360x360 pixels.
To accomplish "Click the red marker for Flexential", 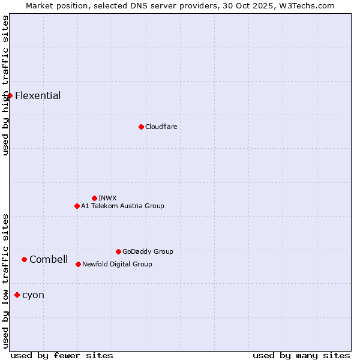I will click(10, 95).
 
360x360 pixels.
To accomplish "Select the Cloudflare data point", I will click(141, 127).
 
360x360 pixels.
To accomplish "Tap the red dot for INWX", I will click(94, 198).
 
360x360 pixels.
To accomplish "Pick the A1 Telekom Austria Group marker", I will click(77, 206).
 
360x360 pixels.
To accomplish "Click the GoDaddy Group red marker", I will click(118, 251).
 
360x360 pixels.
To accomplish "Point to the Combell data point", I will click(24, 259).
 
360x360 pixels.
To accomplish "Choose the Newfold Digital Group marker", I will click(78, 264).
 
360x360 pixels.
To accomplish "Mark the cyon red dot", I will click(17, 295).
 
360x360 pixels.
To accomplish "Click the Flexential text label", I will click(38, 96).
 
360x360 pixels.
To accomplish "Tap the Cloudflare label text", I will click(161, 127).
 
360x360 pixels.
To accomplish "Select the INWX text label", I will click(107, 198).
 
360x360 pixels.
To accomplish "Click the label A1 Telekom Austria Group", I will click(122, 206).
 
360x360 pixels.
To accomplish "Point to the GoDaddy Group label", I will click(148, 251).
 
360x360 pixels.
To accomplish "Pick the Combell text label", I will click(49, 259).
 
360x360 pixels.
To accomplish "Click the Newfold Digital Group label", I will click(117, 264).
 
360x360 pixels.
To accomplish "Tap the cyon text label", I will click(33, 295).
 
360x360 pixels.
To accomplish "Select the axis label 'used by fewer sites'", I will click(62, 355).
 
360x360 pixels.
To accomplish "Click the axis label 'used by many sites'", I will click(301, 355).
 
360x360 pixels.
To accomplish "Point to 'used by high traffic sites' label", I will click(5, 85).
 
